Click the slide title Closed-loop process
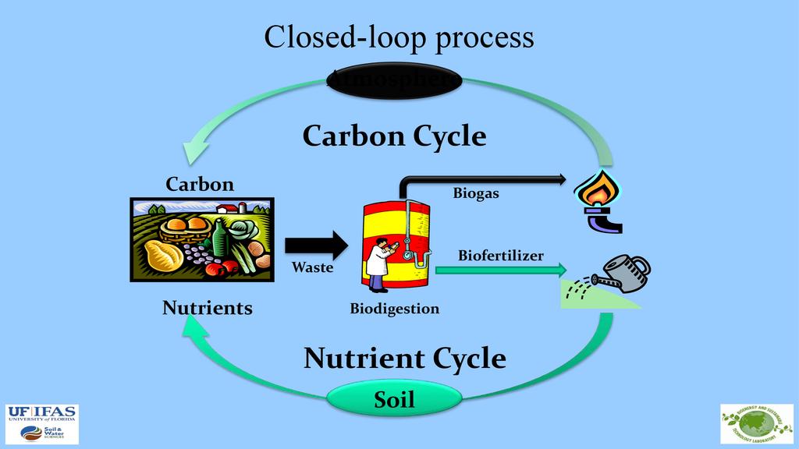399,37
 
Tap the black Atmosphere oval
394,80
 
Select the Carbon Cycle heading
394,136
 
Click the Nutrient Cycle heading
404,359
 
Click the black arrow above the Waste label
315,245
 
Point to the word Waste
312,267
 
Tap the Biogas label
476,193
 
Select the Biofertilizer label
501,255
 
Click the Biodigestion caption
394,309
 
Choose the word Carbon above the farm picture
200,184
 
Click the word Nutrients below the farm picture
208,308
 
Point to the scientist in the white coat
379,265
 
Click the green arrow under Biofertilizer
499,270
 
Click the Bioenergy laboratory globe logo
756,423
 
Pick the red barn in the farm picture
226,208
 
